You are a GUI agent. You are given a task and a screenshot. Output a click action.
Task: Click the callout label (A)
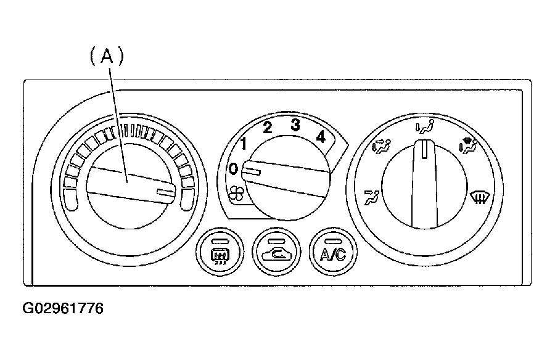[107, 57]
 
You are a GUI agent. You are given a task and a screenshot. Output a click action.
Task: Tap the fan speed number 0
[233, 169]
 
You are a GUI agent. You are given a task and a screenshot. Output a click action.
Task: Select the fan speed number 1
[243, 144]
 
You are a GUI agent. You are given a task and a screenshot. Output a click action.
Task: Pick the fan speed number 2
[268, 128]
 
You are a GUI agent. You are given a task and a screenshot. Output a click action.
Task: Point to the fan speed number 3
[295, 125]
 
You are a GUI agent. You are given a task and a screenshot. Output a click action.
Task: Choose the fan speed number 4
[321, 136]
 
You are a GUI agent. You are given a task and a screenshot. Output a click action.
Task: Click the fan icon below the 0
[236, 193]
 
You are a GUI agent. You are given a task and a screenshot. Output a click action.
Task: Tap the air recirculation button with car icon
[276, 252]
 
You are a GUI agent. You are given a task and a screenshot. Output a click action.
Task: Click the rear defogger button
[220, 252]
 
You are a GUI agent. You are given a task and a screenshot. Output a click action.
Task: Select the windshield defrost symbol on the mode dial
[480, 197]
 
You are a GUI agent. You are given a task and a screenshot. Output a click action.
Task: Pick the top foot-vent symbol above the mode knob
[425, 127]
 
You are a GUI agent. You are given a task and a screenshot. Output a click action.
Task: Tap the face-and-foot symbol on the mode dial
[381, 146]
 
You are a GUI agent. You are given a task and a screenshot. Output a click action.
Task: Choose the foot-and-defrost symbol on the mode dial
[468, 146]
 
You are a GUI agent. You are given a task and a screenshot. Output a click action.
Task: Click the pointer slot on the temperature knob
[166, 192]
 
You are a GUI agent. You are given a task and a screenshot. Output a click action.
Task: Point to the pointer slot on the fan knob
[252, 172]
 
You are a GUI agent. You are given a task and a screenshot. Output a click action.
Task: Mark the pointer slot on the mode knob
[424, 149]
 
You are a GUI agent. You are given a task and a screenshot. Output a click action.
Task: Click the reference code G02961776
[63, 308]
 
